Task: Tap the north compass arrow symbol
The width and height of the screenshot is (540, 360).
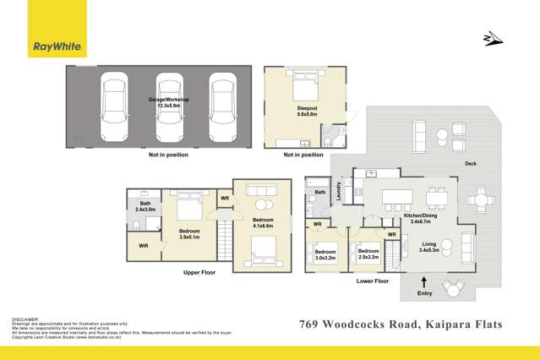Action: click(491, 38)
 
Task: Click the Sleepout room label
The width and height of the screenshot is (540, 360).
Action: click(306, 109)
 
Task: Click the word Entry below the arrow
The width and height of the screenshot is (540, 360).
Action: click(423, 294)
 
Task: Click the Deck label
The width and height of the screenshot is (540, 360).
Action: click(470, 164)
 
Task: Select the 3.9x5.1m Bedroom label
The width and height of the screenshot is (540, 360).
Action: click(189, 233)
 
